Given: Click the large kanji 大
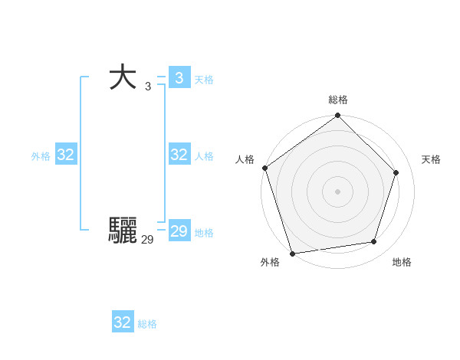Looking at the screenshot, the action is [x=123, y=78].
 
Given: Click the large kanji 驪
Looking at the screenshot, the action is [x=123, y=230].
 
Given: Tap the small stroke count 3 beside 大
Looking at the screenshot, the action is [x=148, y=87].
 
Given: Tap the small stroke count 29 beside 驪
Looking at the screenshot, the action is [x=147, y=240].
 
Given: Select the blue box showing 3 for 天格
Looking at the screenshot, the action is [x=179, y=77].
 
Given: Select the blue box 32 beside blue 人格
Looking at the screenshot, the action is [x=179, y=155].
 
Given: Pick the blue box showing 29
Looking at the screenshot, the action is [x=179, y=231].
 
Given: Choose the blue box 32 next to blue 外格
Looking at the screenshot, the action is [x=66, y=155].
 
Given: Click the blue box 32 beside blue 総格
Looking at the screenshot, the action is [x=123, y=322].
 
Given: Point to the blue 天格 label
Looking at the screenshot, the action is [x=204, y=80].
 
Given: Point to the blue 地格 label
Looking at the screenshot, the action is [x=204, y=233].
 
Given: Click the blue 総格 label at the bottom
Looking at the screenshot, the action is [x=147, y=325].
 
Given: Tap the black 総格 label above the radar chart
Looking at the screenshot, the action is [x=338, y=100].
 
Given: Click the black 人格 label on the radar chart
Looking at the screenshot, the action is [x=245, y=159].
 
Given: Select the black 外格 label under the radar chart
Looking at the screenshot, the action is [x=270, y=263].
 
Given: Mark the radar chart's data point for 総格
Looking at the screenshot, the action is [x=337, y=116].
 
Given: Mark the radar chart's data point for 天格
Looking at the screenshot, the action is [x=396, y=172].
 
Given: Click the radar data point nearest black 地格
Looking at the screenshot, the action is [x=374, y=242].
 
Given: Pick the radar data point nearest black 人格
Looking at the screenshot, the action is [x=265, y=168].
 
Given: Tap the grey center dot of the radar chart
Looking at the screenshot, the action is [x=337, y=191].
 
